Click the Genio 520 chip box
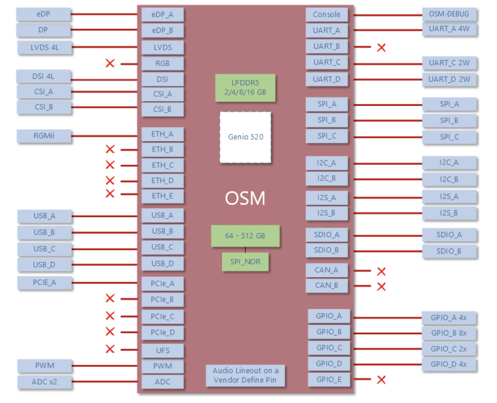pos(245,137)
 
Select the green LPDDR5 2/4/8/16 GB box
pos(245,88)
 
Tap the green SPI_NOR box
pos(245,262)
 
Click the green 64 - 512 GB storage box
pos(245,236)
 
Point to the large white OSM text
pos(245,198)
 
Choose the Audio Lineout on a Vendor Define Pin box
pos(245,375)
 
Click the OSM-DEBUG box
pos(449,14)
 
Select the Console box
pos(326,15)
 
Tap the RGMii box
pos(44,136)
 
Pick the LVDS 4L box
pos(45,47)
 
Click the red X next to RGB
pos(110,63)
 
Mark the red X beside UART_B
pos(381,47)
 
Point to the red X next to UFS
pos(110,349)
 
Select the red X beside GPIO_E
pos(381,380)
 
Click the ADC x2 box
pos(44,382)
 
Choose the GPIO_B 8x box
pos(449,333)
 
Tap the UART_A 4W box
pos(449,29)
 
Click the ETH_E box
pos(163,196)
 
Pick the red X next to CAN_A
pos(381,271)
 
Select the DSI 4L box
pos(43,76)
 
